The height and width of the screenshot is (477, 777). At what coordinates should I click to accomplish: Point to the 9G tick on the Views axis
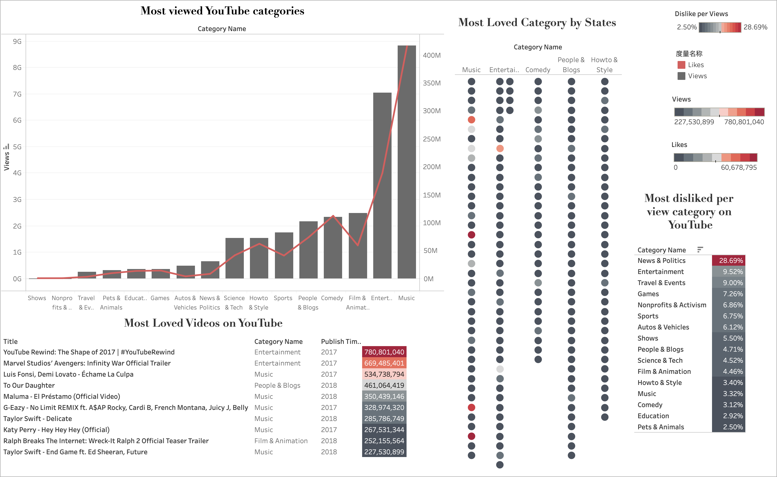17,41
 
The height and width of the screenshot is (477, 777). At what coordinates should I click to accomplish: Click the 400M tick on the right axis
432,55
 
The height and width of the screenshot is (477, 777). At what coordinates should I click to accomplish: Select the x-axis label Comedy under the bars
332,298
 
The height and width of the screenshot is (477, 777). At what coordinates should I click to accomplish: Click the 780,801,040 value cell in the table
384,352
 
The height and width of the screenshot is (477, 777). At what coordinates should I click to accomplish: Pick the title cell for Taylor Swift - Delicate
37,419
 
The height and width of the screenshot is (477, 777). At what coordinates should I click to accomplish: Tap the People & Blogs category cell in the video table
277,385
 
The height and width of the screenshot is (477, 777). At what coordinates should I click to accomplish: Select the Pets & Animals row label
660,427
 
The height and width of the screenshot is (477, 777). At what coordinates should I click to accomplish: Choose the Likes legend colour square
681,65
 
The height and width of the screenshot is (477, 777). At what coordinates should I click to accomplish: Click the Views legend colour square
681,76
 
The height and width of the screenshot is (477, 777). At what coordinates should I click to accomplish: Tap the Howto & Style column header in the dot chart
604,65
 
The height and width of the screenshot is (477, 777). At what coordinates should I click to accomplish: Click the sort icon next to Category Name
700,250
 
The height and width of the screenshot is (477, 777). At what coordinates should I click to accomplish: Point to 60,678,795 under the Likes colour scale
738,168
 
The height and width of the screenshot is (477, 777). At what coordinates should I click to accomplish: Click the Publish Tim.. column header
341,341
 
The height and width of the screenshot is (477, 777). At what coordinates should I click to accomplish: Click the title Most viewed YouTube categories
222,11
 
